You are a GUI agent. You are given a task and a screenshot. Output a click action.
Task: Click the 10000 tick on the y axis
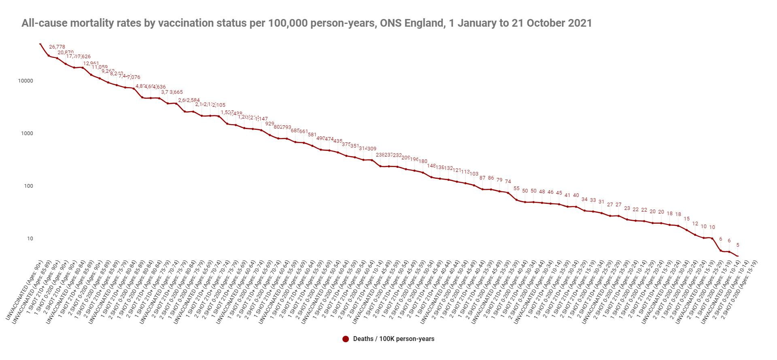pyautogui.click(x=25, y=81)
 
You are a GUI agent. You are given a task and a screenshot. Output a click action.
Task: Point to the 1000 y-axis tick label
pyautogui.click(x=27, y=133)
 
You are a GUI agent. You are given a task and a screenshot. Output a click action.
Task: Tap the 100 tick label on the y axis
pyautogui.click(x=28, y=186)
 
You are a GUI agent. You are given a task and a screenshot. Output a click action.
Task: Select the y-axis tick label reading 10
pyautogui.click(x=30, y=239)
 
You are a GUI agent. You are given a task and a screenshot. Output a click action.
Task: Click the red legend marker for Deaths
pyautogui.click(x=345, y=339)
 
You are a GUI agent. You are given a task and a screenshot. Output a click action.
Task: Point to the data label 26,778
pyautogui.click(x=57, y=47)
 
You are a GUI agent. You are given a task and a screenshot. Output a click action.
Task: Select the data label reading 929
pyautogui.click(x=270, y=124)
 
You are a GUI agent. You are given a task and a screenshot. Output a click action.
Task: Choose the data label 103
pyautogui.click(x=474, y=174)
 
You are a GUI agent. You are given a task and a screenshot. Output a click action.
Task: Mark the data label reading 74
pyautogui.click(x=508, y=182)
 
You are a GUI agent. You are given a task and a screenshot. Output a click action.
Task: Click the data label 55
pyautogui.click(x=516, y=188)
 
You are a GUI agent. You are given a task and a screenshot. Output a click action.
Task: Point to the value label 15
pyautogui.click(x=686, y=219)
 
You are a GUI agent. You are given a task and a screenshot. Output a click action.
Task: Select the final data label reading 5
pyautogui.click(x=738, y=245)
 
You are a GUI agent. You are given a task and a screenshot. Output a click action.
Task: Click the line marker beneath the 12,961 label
pyautogui.click(x=91, y=75)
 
